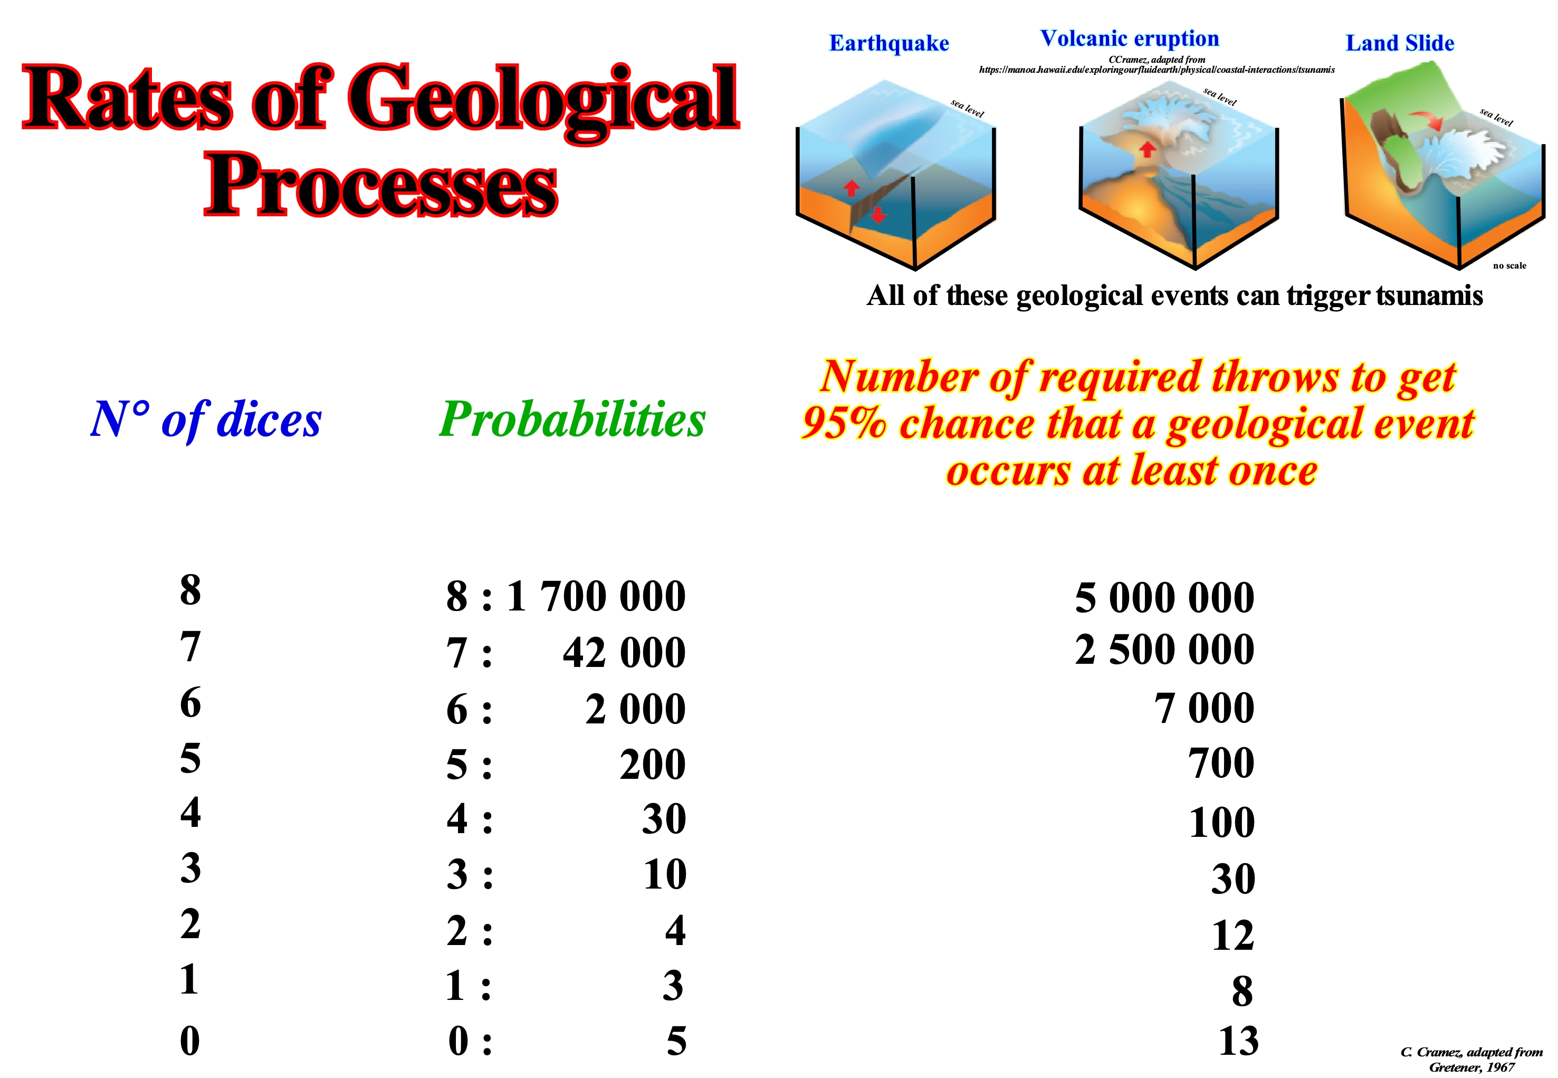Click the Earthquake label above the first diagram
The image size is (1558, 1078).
[889, 43]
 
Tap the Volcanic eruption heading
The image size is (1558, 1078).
[1129, 39]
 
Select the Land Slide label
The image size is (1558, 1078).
[1399, 43]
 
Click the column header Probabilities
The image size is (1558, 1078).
[572, 420]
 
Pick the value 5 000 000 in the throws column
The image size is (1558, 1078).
[1164, 598]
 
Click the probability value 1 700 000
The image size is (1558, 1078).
[596, 596]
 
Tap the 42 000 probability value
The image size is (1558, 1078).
[624, 653]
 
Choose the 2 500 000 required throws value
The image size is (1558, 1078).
[1164, 649]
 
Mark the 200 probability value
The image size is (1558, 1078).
[652, 765]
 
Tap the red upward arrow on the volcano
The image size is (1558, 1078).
[1146, 149]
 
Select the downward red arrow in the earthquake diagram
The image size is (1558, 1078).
[877, 215]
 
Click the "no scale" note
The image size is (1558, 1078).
[1509, 265]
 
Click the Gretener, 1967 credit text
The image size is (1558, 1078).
[1471, 1068]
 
